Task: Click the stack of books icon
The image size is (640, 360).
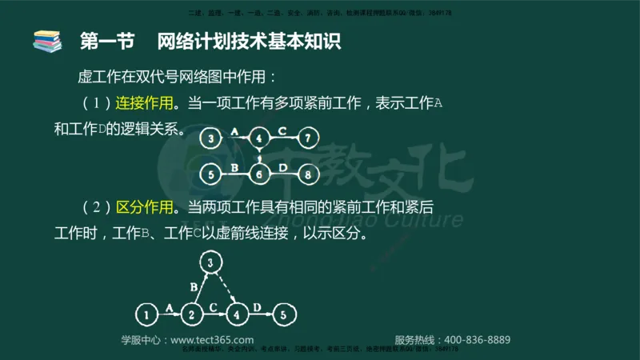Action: (x=46, y=40)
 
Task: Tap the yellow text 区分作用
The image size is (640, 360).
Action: (x=145, y=208)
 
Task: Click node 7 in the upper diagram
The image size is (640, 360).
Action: (x=309, y=138)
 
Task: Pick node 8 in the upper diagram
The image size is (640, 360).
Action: (x=309, y=172)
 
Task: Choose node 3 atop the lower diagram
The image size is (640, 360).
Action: (x=210, y=262)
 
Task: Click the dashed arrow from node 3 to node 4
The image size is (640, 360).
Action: (x=224, y=288)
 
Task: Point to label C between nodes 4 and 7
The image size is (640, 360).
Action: (x=282, y=130)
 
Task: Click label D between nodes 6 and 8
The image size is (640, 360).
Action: (x=284, y=166)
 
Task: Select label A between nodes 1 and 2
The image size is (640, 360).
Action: (x=168, y=306)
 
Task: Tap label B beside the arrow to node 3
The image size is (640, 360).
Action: (x=192, y=285)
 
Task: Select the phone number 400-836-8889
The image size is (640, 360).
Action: (x=476, y=340)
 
